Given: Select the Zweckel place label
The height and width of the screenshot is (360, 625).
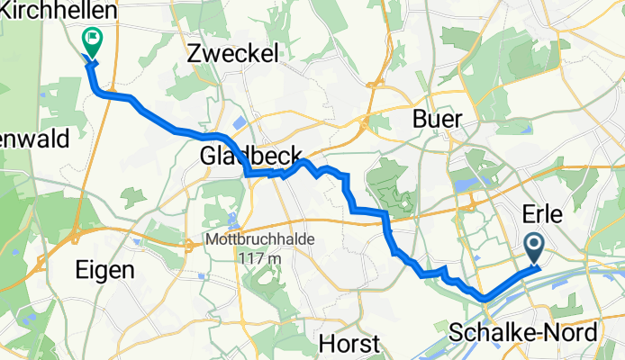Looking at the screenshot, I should pos(232,53).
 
